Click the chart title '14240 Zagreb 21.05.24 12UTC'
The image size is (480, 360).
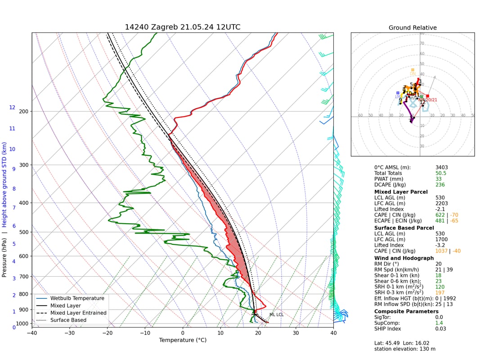pos(182,27)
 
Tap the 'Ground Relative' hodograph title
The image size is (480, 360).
pos(413,28)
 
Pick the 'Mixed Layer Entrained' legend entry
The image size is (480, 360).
pos(78,313)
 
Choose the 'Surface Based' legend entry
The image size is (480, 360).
pos(68,320)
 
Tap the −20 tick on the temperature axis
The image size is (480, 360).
pos(107,333)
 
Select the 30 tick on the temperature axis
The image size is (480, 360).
pos(296,333)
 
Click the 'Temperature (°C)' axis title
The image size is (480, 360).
pos(182,340)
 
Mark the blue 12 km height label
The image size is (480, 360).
pos(12,108)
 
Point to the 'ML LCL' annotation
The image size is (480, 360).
pos(276,315)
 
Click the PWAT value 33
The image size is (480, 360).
pos(439,179)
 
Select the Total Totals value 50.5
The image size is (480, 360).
pos(441,173)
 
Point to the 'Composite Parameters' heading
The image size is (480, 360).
pos(406,311)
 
